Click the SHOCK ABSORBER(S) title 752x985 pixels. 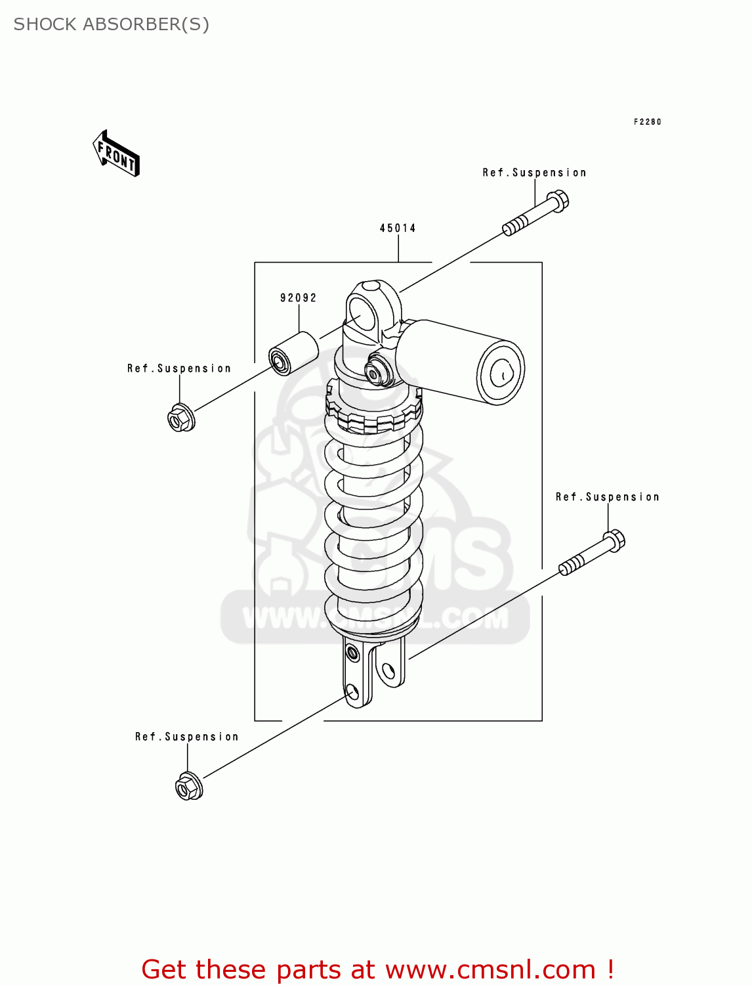[111, 24]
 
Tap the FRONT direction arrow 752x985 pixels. [116, 154]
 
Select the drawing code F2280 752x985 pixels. [647, 121]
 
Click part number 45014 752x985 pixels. [398, 228]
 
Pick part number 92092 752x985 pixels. [299, 297]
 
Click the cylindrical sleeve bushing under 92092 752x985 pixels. [293, 354]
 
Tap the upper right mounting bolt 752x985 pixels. [536, 213]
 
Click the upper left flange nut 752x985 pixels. [180, 418]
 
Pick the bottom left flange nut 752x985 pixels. [189, 786]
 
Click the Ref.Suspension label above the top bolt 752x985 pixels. [534, 173]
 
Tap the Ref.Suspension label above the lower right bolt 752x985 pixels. [607, 497]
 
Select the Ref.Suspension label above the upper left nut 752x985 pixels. [179, 368]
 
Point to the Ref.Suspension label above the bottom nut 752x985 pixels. [187, 737]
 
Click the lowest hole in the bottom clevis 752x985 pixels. [352, 691]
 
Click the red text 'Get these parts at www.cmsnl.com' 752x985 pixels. [377, 969]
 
